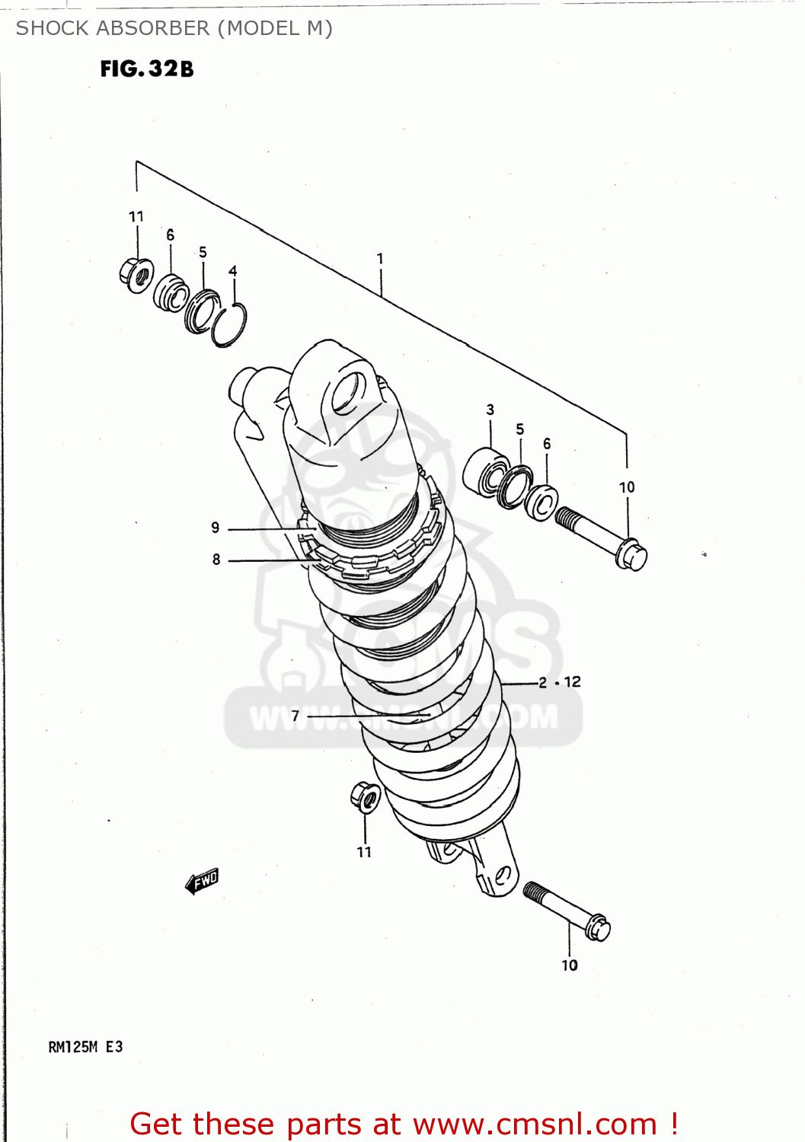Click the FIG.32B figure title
point(147,69)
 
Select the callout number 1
point(380,259)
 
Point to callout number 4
point(233,271)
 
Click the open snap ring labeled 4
point(229,325)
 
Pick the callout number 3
point(490,410)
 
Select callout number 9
point(216,528)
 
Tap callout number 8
point(216,560)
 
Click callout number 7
point(295,716)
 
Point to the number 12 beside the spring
point(573,681)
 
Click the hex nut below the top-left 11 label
point(136,274)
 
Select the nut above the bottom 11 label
point(366,797)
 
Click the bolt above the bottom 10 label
point(567,911)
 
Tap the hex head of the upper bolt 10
point(631,555)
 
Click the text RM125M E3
point(85,1047)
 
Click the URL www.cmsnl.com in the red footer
point(535,1124)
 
